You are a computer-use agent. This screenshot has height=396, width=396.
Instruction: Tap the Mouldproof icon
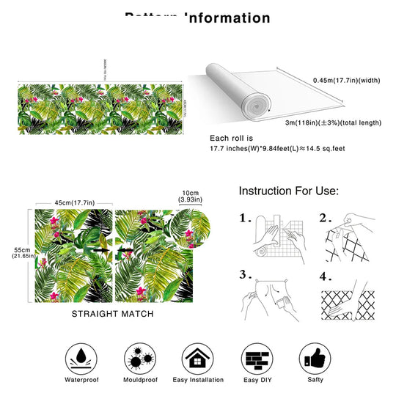(x=138, y=357)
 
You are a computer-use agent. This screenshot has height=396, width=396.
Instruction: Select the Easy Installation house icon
(x=197, y=357)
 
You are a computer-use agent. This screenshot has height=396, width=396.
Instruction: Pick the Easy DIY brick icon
(x=256, y=357)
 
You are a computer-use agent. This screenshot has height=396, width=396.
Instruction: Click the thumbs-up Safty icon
(x=315, y=357)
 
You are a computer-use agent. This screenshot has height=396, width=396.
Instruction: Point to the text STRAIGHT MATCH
(x=113, y=313)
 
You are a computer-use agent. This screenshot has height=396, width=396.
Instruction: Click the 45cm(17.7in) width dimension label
(x=73, y=203)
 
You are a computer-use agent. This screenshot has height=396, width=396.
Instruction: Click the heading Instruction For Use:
(x=288, y=191)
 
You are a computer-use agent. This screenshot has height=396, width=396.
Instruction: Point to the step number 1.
(x=247, y=219)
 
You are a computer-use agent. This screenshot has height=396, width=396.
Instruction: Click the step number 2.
(x=325, y=219)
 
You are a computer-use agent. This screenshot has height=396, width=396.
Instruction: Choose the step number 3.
(x=247, y=274)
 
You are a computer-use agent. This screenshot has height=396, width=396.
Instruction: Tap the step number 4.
(x=325, y=277)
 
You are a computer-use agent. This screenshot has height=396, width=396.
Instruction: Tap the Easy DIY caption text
(x=256, y=381)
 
